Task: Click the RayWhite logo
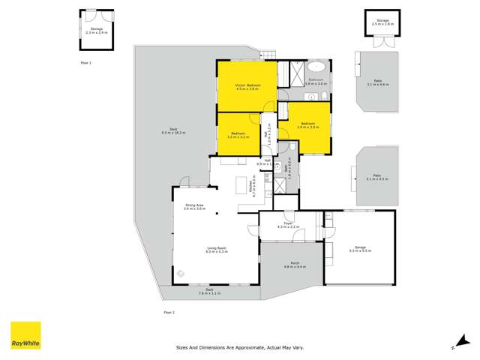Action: click(25, 336)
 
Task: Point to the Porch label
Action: click(292, 265)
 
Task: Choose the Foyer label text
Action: click(288, 225)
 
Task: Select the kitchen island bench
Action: click(242, 185)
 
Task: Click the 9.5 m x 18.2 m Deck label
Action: click(172, 131)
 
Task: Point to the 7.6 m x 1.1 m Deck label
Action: click(211, 292)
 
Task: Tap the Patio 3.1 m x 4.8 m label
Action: click(376, 82)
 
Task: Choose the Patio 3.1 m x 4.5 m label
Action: click(376, 177)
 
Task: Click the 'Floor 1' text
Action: click(85, 63)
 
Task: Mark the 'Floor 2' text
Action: click(169, 311)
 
